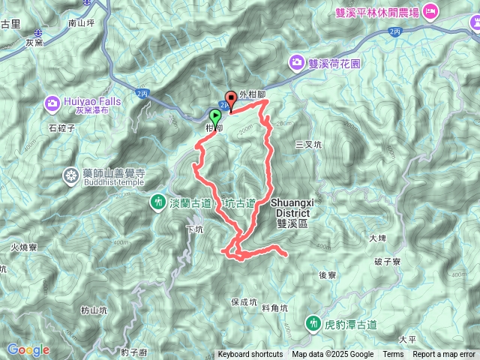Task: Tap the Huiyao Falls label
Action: (93, 100)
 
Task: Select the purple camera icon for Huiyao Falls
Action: (53, 101)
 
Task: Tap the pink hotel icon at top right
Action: (430, 11)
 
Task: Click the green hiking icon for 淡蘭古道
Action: (158, 201)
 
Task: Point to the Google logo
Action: (28, 349)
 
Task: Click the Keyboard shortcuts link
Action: (250, 355)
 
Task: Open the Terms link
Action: (393, 355)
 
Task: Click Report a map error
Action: (445, 355)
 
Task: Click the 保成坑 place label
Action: (244, 301)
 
